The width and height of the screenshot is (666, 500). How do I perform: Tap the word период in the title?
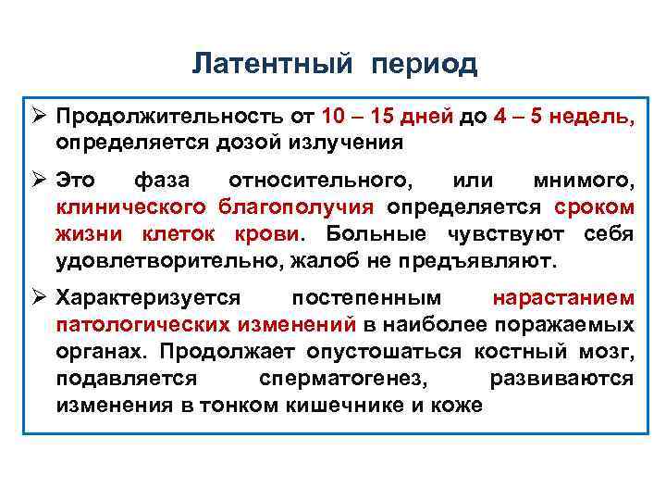click(x=425, y=64)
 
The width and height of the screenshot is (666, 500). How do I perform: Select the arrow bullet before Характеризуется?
click(x=38, y=297)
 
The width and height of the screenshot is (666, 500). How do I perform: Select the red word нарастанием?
click(x=563, y=297)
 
